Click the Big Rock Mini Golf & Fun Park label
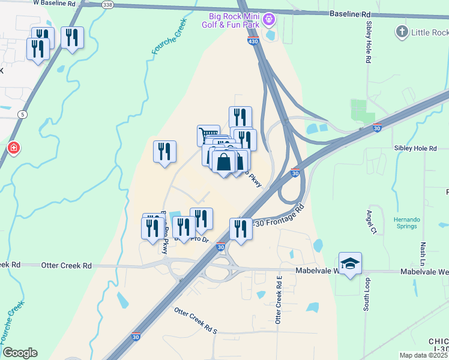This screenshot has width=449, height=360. point(234,20)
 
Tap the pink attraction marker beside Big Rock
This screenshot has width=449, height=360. point(270,19)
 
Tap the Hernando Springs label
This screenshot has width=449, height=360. point(409,223)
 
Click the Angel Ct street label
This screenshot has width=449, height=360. point(371,221)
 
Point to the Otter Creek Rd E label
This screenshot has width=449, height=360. point(279,300)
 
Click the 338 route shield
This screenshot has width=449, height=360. point(107,4)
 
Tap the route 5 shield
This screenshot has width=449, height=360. point(22,113)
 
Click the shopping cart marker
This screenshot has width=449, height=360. point(208,134)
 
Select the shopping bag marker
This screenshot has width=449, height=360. point(223,162)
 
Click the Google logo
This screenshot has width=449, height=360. point(20,353)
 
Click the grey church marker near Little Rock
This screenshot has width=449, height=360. point(402,31)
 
